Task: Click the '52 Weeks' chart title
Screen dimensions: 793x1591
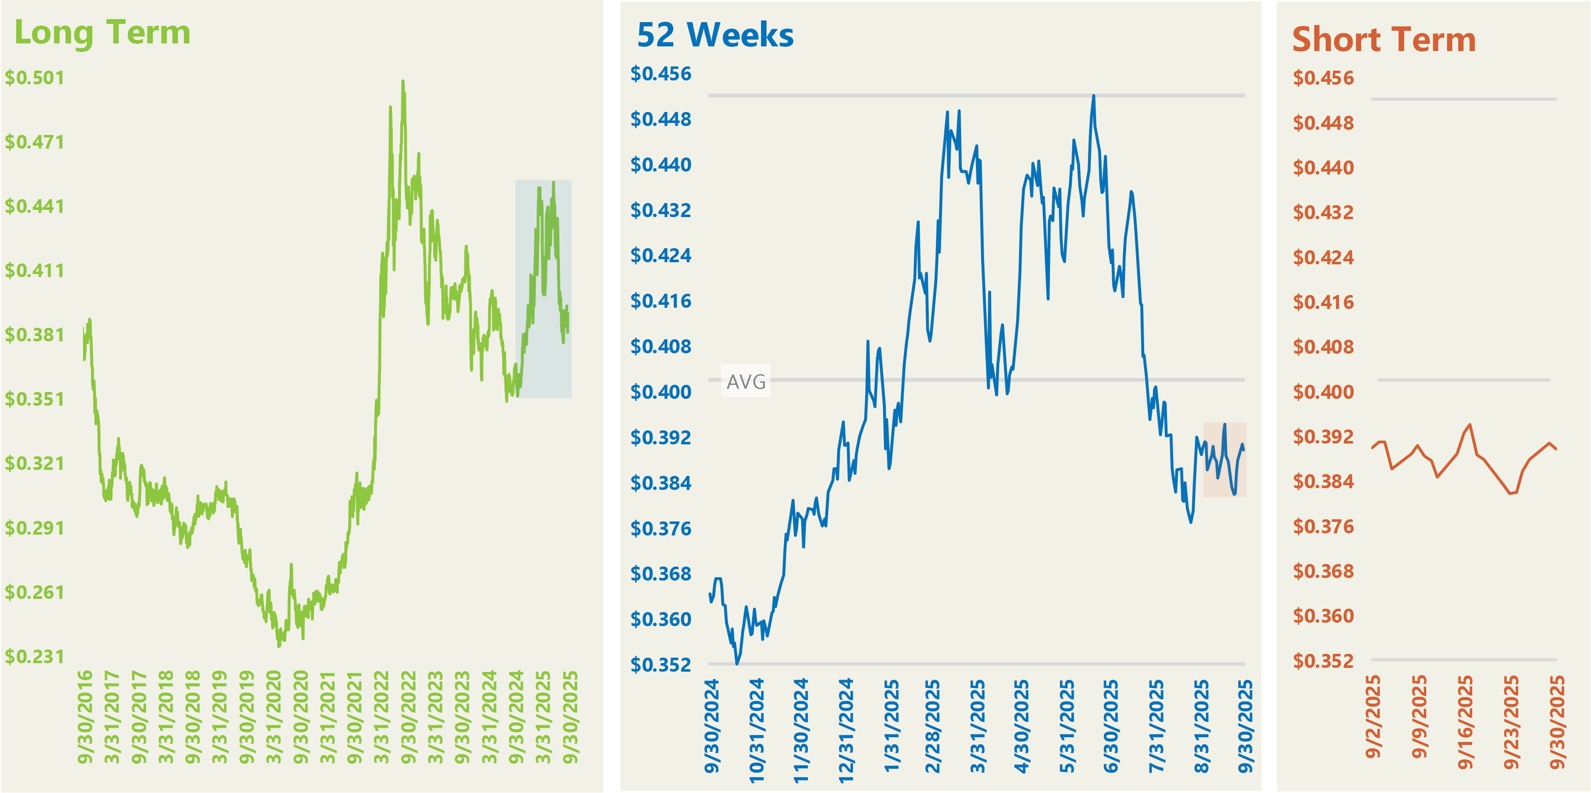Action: pos(715,35)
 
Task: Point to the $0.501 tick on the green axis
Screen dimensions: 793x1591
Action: pos(34,78)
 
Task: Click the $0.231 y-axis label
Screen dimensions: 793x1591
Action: pos(34,656)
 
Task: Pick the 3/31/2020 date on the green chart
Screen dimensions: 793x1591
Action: pos(274,716)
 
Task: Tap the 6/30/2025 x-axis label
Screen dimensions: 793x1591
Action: pos(1111,726)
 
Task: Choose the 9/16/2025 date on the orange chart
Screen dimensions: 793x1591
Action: pos(1465,722)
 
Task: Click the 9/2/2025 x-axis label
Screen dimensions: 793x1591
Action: pos(1373,716)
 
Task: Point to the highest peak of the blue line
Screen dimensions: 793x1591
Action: pos(1094,96)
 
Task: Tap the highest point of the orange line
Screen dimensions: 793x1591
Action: pos(1470,425)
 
